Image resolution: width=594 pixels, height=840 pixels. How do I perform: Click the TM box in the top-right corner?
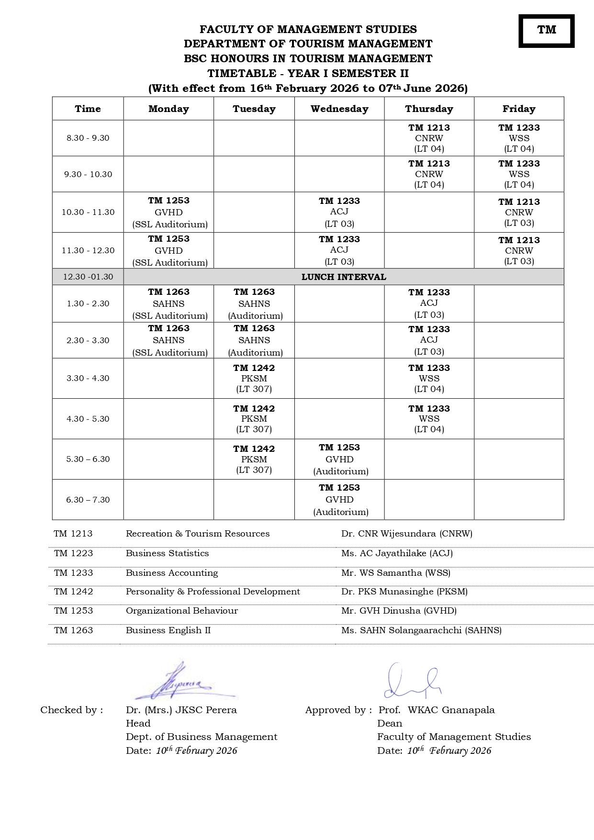(546, 31)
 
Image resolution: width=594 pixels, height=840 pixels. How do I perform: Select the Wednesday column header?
(339, 109)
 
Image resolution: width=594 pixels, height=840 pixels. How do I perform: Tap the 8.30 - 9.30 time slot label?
(88, 138)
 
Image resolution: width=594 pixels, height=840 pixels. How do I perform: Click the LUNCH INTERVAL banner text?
(343, 277)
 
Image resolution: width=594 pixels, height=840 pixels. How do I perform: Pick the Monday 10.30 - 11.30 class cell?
(168, 212)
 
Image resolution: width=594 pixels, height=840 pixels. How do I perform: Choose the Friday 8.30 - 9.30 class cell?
(519, 138)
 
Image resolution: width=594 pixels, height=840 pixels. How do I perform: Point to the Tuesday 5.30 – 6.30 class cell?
(254, 459)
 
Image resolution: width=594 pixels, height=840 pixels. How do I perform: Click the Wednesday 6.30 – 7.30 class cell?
(339, 499)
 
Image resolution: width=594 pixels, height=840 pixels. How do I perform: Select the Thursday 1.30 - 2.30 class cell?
(429, 303)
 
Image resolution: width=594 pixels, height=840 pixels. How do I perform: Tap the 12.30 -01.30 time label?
(88, 277)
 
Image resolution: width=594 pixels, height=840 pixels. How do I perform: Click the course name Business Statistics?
(167, 553)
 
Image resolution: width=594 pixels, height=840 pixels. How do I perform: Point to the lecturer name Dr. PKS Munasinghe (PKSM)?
(404, 592)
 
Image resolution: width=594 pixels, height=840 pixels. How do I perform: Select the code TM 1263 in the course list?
(73, 630)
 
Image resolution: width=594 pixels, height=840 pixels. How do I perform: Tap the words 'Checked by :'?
(71, 710)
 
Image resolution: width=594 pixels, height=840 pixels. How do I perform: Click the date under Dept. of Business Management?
(181, 750)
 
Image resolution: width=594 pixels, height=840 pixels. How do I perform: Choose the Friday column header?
(519, 109)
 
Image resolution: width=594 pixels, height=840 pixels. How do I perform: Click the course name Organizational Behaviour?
(181, 611)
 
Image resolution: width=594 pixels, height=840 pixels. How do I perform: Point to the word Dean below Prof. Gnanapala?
(390, 723)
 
